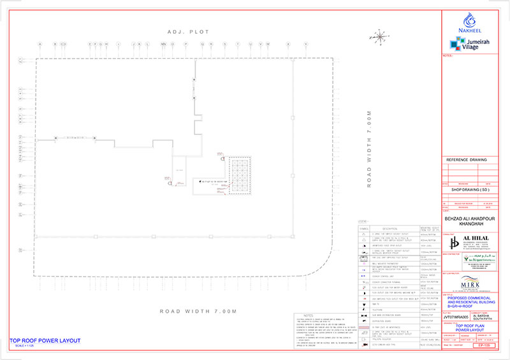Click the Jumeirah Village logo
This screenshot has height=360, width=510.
tap(469, 43)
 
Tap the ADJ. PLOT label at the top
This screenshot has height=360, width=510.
tap(188, 32)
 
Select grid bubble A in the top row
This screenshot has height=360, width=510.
tap(40, 45)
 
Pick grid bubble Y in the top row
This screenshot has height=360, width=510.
tap(306, 45)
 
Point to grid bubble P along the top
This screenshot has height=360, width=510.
tap(186, 45)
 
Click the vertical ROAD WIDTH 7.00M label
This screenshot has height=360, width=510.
tap(368, 148)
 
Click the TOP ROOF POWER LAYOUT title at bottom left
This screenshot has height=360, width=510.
tap(45, 341)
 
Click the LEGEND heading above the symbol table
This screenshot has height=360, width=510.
tap(364, 222)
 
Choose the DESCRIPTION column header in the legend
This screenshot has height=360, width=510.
tap(385, 228)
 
